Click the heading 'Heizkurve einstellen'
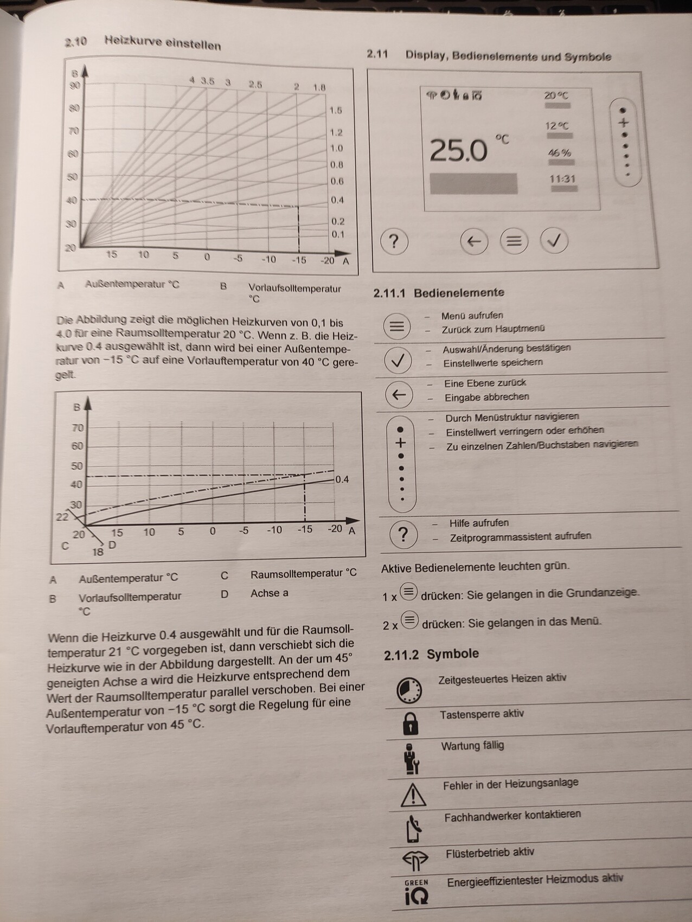163,43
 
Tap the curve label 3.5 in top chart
207,81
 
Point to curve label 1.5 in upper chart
336,111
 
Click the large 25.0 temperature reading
459,150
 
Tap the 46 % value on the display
559,153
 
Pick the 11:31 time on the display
562,179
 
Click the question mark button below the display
394,241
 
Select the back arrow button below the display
474,241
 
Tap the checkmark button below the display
554,240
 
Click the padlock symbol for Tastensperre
411,723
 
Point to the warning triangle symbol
413,795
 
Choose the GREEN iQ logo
416,892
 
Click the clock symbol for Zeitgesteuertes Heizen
409,689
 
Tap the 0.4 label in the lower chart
342,479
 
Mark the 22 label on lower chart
62,516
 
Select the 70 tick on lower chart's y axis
78,428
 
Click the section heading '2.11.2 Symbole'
431,654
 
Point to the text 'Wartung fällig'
472,746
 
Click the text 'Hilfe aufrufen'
479,523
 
